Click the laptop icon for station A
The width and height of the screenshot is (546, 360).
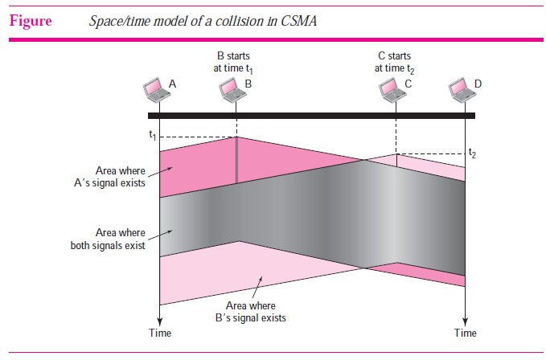pos(156,90)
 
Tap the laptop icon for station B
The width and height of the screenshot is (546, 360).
pos(232,90)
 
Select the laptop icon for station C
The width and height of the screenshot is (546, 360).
pos(392,90)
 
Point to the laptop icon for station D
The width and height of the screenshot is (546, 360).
pos(462,90)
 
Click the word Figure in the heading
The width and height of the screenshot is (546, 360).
pos(31,21)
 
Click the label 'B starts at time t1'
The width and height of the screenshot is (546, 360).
pos(233,63)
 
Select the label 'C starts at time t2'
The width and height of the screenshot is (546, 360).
pos(394,63)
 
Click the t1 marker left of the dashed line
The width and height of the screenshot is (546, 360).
pos(153,135)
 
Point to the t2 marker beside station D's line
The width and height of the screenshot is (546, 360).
pos(472,153)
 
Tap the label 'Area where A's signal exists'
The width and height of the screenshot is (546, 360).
pos(109,177)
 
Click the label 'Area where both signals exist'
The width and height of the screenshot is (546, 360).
pos(108,239)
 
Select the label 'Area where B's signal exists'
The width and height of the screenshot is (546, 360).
pos(251,312)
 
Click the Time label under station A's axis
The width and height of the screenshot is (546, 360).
pos(160,333)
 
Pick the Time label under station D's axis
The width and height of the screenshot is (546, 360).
pos(466,333)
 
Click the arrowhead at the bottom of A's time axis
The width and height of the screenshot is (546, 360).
pos(159,321)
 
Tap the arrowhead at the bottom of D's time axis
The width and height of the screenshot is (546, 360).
pos(466,321)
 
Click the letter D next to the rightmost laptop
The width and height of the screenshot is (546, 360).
pos(478,84)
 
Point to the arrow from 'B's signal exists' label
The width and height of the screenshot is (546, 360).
pos(257,288)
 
